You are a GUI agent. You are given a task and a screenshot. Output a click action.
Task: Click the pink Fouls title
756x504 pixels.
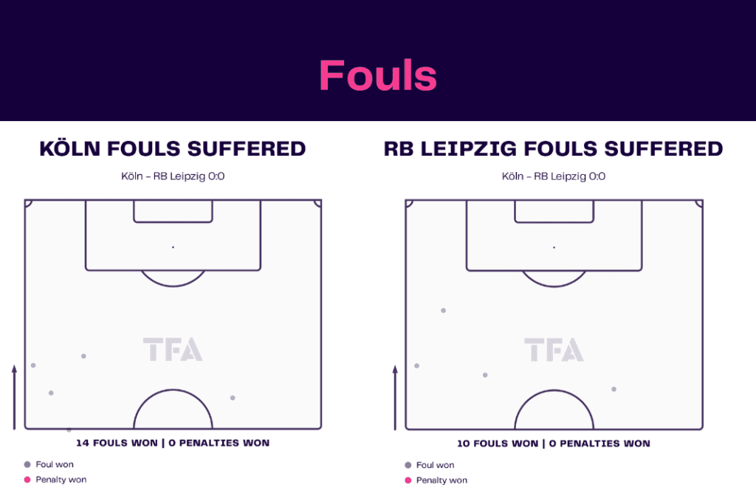pyautogui.click(x=378, y=75)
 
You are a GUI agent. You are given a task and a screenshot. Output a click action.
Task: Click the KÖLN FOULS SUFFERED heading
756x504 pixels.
pyautogui.click(x=173, y=148)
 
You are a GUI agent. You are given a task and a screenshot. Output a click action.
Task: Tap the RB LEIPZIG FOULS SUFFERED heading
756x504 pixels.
pyautogui.click(x=554, y=148)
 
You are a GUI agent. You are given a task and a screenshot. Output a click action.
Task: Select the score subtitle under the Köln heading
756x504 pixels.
pyautogui.click(x=173, y=176)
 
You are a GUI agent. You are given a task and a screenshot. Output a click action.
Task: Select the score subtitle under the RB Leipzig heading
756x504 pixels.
pyautogui.click(x=554, y=176)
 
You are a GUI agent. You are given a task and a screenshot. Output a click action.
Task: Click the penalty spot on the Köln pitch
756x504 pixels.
pyautogui.click(x=173, y=247)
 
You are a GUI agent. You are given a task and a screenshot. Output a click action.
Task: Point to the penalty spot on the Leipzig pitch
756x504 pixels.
pyautogui.click(x=554, y=247)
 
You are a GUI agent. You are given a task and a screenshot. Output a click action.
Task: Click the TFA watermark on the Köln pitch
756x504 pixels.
pyautogui.click(x=173, y=349)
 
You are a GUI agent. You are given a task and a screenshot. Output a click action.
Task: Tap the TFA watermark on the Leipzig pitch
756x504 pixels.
pyautogui.click(x=554, y=349)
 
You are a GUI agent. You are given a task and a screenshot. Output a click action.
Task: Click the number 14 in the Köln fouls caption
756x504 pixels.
pyautogui.click(x=83, y=443)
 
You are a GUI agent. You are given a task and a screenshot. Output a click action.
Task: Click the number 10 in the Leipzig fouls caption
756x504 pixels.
pyautogui.click(x=464, y=443)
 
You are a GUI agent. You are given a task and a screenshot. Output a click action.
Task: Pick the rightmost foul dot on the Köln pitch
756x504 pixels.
pyautogui.click(x=233, y=398)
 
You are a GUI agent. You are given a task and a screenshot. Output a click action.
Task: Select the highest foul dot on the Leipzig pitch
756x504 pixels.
pyautogui.click(x=444, y=311)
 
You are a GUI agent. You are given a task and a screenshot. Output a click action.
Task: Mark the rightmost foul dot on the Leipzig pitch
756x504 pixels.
pyautogui.click(x=614, y=389)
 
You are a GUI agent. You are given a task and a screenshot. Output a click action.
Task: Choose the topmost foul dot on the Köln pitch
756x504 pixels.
pyautogui.click(x=84, y=356)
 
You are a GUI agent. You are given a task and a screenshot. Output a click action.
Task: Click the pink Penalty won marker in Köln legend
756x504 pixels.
pyautogui.click(x=27, y=480)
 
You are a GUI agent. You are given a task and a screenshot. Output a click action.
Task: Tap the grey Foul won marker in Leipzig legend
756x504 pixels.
pyautogui.click(x=408, y=465)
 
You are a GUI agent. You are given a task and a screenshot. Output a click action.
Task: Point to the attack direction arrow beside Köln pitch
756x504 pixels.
pyautogui.click(x=15, y=397)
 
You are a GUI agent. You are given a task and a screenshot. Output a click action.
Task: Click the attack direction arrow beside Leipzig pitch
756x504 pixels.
pyautogui.click(x=396, y=398)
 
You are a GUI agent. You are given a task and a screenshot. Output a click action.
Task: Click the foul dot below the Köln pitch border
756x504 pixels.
pyautogui.click(x=69, y=429)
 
